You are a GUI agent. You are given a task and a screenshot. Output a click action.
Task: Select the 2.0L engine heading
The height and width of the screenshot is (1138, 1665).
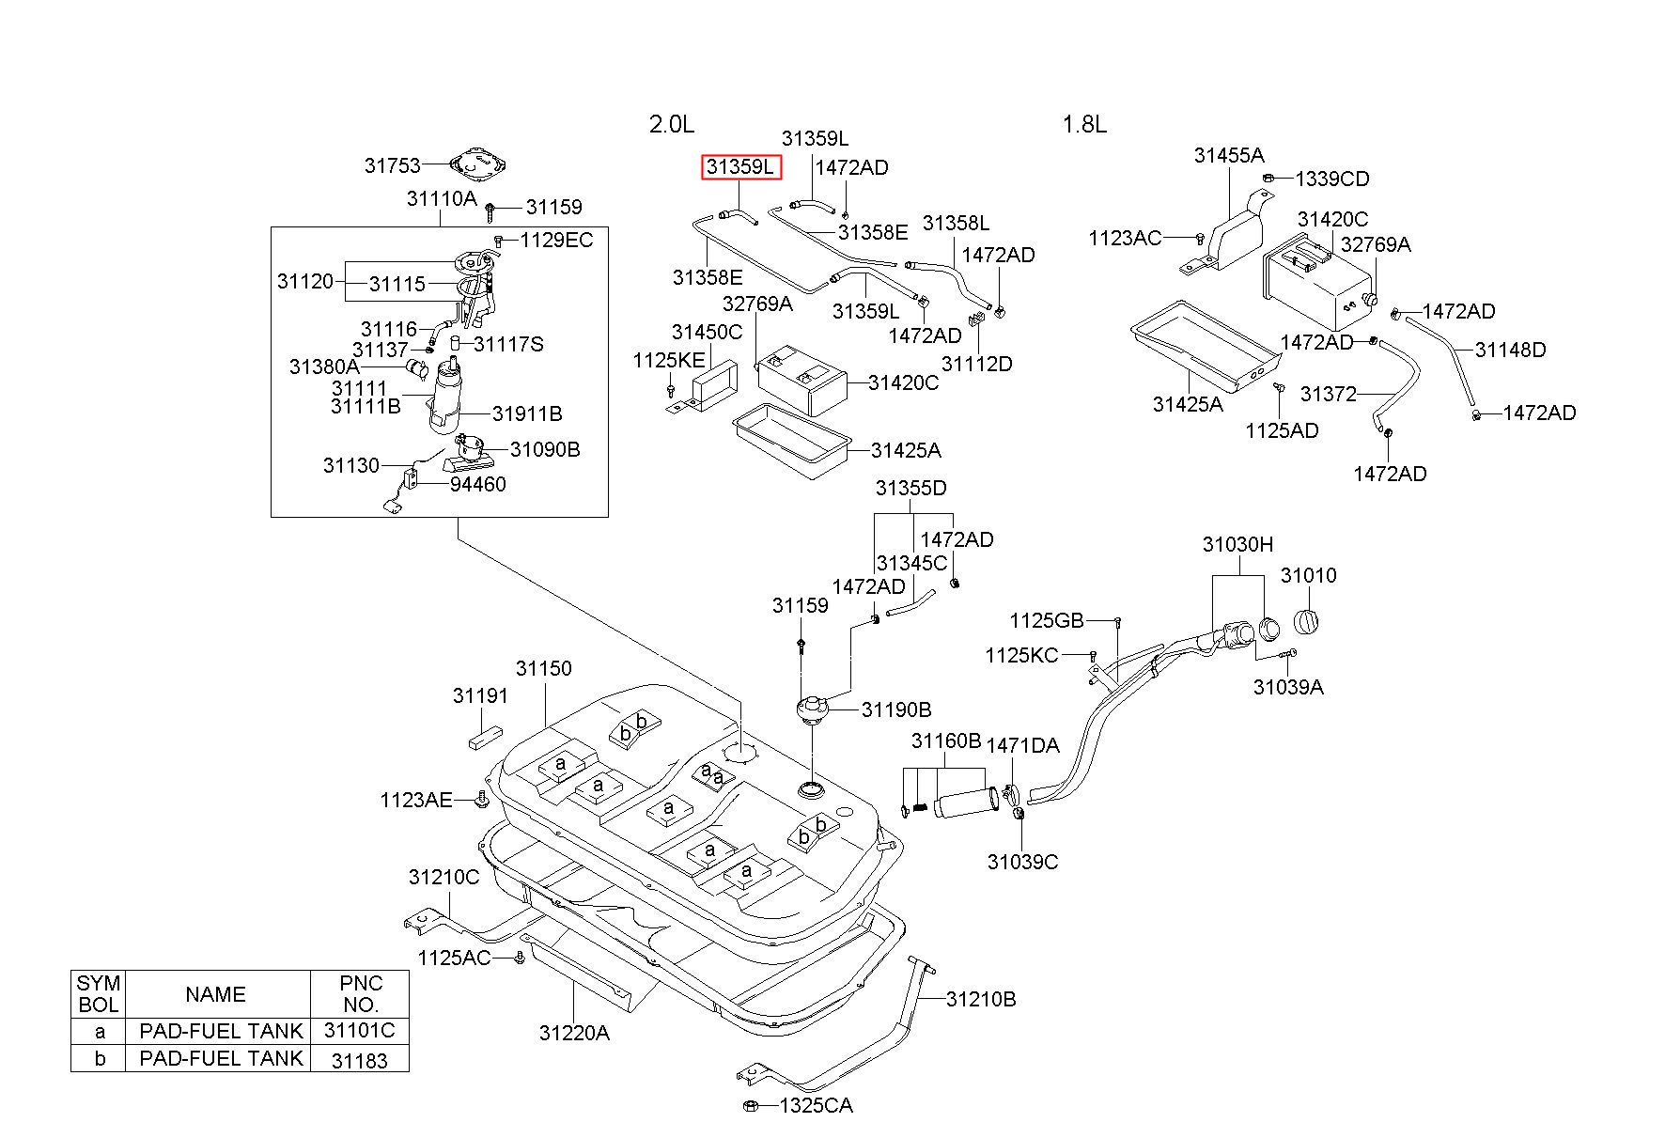(x=672, y=124)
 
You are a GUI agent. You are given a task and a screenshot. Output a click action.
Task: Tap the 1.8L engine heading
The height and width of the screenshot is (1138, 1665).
(x=1084, y=124)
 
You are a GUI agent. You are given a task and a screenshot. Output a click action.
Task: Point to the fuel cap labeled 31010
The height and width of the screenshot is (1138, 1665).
(x=1308, y=622)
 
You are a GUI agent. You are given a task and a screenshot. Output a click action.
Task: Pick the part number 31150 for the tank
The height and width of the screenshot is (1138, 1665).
(x=543, y=669)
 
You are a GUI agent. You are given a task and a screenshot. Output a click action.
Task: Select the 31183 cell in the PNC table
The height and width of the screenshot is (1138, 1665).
(x=360, y=1059)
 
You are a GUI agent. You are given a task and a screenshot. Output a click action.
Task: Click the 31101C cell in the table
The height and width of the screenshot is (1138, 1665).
(x=360, y=1031)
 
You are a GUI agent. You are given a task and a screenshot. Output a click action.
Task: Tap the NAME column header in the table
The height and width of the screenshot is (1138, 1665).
(x=216, y=994)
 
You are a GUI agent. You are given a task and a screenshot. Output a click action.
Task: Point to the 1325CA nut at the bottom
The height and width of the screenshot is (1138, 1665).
(x=751, y=1105)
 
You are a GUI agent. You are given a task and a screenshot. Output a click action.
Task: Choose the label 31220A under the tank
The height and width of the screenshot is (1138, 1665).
(x=574, y=1034)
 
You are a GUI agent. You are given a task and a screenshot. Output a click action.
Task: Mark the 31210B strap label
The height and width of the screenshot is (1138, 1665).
(x=981, y=999)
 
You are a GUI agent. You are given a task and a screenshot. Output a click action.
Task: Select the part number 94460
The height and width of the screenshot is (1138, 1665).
(x=477, y=484)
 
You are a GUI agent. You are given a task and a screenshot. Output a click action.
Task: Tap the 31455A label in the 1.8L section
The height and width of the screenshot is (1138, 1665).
(x=1229, y=155)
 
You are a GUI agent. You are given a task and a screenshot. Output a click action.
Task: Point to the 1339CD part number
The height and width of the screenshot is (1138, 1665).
(x=1332, y=179)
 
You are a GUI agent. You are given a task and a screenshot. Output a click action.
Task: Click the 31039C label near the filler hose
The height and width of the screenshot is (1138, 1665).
(x=1022, y=862)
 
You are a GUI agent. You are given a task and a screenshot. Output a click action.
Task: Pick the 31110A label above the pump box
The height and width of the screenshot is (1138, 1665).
(x=442, y=198)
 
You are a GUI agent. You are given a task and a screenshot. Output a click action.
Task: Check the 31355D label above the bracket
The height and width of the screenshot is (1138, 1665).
(x=911, y=489)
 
